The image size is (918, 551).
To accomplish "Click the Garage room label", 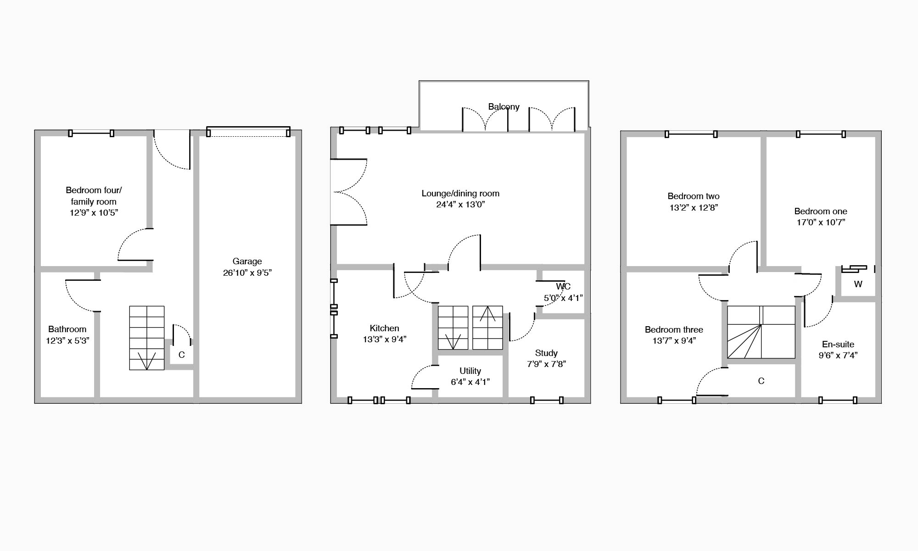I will [247, 262].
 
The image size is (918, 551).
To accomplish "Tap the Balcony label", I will [504, 106].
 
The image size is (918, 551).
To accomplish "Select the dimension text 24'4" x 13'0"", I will [460, 205].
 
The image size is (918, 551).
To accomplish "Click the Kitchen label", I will [384, 328].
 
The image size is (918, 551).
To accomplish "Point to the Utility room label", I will [470, 371].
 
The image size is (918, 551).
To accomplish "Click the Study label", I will [546, 353].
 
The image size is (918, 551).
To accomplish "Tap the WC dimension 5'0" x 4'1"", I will [563, 298].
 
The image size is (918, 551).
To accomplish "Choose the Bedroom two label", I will [694, 196].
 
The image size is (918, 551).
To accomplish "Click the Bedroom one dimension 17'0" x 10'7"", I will [821, 223].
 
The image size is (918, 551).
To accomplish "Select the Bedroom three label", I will [674, 329].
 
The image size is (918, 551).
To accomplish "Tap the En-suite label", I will [838, 344].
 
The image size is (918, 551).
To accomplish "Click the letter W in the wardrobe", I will [858, 284].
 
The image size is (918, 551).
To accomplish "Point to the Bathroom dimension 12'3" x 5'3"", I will [67, 340].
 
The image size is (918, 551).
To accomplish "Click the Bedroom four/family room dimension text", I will [94, 213].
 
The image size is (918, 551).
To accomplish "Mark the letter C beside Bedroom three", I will [761, 381].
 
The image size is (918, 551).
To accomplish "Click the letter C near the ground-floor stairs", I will [181, 355].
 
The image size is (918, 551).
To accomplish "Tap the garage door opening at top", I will [248, 133].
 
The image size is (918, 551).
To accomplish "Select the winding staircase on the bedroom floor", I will [761, 332].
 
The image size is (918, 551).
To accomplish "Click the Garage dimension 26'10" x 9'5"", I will [247, 273].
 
